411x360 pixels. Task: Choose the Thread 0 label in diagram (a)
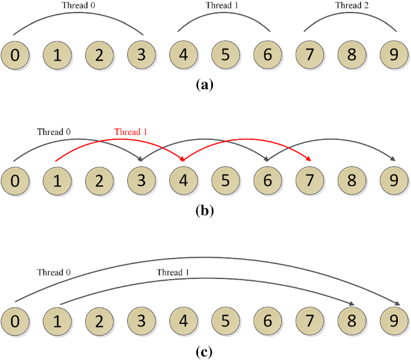click(79, 5)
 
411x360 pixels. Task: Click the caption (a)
click(205, 85)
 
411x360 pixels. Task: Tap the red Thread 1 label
click(131, 131)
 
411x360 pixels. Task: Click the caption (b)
click(205, 211)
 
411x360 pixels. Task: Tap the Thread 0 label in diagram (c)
click(53, 272)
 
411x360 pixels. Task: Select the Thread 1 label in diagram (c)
click(173, 272)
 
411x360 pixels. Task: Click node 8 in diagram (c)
click(352, 319)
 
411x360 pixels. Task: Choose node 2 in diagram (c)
click(100, 319)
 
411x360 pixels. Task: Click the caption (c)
click(205, 350)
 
